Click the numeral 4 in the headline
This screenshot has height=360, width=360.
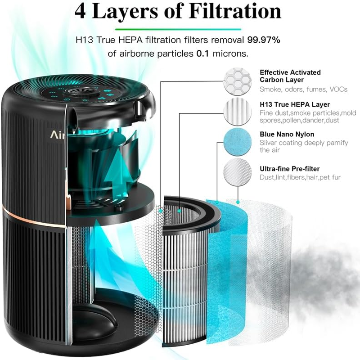point(83,11)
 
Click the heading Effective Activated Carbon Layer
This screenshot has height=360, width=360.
point(290,76)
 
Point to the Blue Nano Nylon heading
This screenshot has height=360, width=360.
point(287,134)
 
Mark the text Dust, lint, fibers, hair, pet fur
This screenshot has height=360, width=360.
point(300,177)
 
